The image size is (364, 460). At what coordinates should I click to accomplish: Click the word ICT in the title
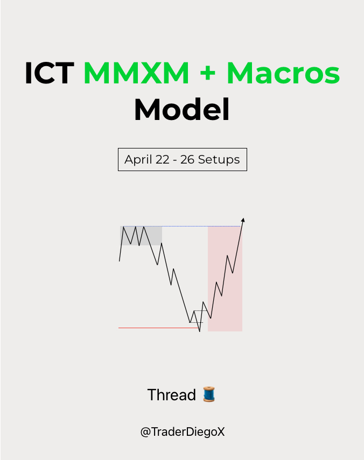49,74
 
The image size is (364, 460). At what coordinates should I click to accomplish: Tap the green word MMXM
136,74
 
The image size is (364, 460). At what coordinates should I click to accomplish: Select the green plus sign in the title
207,74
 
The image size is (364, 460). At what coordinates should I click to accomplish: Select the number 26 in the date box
187,160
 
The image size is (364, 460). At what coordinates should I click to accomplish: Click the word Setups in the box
219,160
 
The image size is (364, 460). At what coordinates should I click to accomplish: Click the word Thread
171,395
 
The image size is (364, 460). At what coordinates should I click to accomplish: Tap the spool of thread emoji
209,395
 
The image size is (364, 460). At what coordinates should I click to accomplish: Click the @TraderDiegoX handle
182,432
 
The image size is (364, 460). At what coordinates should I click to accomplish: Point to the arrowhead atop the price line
243,220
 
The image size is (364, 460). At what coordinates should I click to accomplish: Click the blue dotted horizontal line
183,227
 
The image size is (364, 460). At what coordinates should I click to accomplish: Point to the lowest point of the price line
199,331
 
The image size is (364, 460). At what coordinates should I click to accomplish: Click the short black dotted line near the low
200,311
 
